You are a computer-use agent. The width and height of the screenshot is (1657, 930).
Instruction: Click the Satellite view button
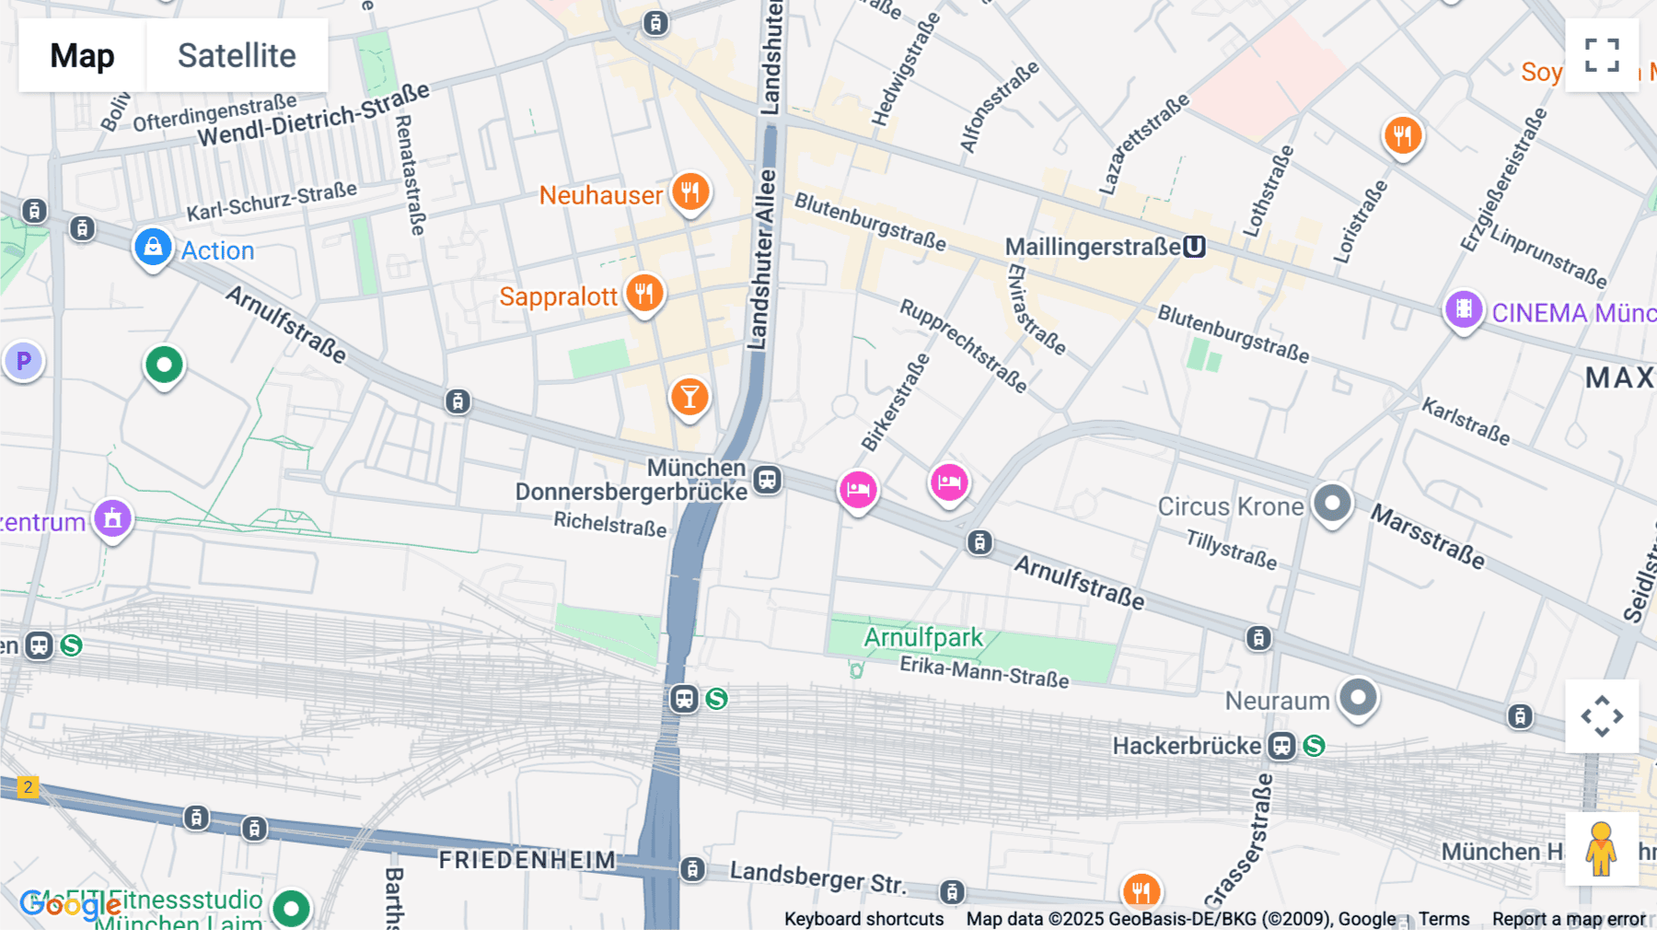click(x=237, y=55)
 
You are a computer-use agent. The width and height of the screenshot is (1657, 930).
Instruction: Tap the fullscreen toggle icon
click(x=1602, y=55)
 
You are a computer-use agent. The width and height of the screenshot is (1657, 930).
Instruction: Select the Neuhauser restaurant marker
click(x=689, y=192)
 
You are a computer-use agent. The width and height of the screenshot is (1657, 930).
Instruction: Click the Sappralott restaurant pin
click(x=644, y=294)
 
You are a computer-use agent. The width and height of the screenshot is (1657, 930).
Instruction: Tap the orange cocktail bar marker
click(x=689, y=398)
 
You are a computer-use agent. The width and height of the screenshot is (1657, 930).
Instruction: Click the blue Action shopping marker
click(x=153, y=248)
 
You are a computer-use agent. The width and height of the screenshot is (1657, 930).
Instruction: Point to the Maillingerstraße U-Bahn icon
click(x=1194, y=247)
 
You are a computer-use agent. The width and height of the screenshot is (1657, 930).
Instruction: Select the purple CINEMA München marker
click(x=1463, y=310)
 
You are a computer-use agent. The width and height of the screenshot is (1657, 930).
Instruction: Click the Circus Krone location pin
click(x=1331, y=504)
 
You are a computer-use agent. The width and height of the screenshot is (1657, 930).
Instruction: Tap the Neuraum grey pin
click(x=1357, y=697)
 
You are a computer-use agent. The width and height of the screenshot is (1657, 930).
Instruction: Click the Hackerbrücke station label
click(x=1186, y=746)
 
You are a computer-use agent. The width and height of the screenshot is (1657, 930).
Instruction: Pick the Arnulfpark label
click(x=922, y=637)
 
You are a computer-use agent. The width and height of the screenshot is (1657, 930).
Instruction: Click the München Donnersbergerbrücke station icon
click(x=767, y=480)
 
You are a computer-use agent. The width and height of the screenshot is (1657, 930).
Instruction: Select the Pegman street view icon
click(x=1601, y=848)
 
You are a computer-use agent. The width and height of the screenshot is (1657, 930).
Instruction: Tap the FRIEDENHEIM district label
click(x=527, y=860)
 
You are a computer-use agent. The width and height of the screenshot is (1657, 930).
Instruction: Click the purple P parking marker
click(x=24, y=361)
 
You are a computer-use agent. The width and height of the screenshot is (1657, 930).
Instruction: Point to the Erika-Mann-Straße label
click(x=983, y=672)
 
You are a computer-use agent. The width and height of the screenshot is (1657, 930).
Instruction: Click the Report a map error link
click(x=1568, y=919)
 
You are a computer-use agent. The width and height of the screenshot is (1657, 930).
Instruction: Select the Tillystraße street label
click(x=1231, y=549)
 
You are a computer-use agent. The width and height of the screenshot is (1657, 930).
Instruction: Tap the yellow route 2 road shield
click(x=29, y=787)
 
